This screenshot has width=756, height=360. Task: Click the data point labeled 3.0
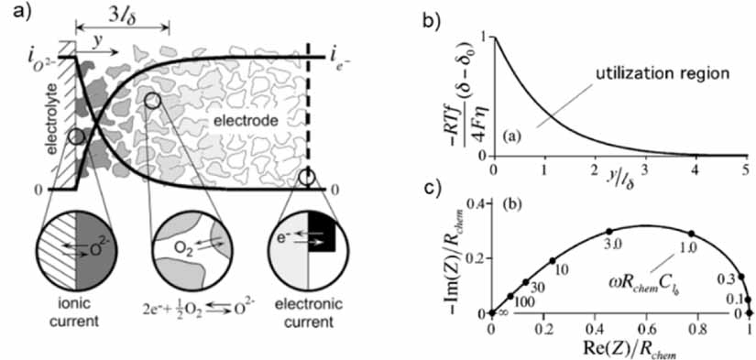coord(609,231)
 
